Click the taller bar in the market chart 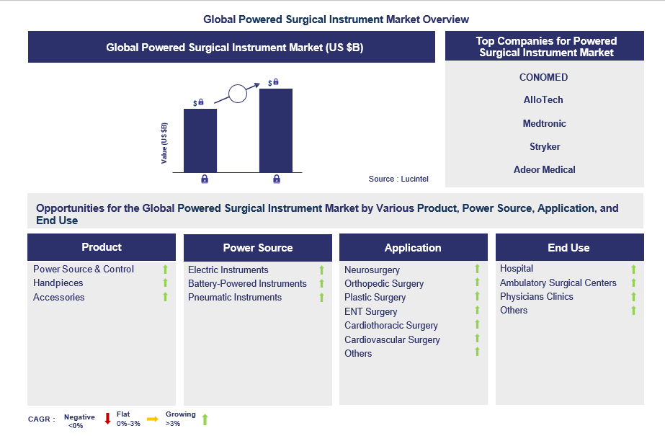(275, 130)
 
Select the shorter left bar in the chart (200, 141)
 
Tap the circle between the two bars (237, 93)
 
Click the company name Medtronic (544, 123)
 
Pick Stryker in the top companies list (544, 146)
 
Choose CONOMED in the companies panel (544, 77)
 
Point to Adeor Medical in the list (544, 169)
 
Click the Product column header (102, 247)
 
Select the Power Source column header (257, 248)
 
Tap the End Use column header (568, 248)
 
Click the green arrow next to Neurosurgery (477, 270)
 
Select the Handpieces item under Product (58, 283)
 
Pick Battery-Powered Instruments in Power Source (247, 283)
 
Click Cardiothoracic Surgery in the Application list (391, 325)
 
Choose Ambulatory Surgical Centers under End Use (558, 282)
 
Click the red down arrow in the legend (107, 419)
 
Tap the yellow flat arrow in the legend (152, 419)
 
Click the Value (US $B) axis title (164, 141)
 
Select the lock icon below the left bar (205, 179)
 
